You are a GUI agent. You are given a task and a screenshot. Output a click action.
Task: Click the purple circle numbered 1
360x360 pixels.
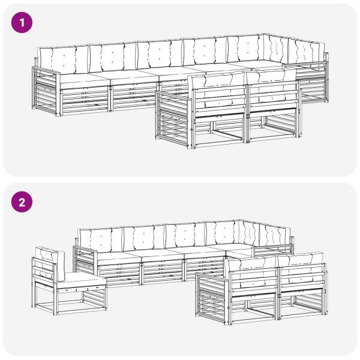22,23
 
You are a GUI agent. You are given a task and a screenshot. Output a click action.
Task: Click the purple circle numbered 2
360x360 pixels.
22,202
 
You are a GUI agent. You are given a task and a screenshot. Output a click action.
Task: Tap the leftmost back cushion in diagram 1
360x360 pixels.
64,59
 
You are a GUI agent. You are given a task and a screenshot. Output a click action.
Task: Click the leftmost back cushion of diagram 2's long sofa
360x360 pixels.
101,240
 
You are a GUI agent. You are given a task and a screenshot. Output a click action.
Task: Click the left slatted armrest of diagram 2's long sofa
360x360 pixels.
85,260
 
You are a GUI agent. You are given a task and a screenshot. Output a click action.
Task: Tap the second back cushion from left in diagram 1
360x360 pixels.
113,57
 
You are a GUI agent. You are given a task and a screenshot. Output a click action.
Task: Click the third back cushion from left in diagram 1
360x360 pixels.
160,55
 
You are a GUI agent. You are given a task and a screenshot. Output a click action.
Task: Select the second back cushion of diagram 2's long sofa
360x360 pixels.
144,238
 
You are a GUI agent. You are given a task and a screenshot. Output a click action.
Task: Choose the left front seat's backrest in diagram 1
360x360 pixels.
218,95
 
